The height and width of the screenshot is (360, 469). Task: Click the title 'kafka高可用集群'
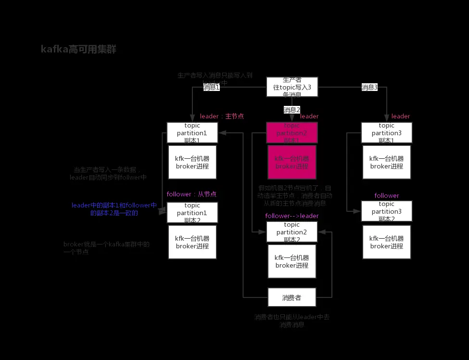pos(78,49)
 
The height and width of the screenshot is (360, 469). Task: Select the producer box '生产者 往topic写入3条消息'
pos(292,87)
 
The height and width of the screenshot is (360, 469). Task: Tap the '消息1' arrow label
pos(212,87)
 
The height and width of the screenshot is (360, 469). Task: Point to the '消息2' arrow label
pos(292,110)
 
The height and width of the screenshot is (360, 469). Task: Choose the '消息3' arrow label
pos(369,87)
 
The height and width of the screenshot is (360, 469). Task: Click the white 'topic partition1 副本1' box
pos(192,132)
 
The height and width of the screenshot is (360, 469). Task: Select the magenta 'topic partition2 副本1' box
pos(292,132)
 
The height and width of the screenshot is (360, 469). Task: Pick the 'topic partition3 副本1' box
pos(386,132)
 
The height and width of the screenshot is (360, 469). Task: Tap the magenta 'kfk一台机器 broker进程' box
pos(292,163)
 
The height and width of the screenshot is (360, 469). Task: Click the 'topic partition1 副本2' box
pos(192,212)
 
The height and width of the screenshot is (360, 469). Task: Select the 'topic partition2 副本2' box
pos(292,232)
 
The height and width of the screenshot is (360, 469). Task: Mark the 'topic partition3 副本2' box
pos(386,211)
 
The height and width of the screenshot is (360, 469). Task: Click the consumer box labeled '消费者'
pos(292,298)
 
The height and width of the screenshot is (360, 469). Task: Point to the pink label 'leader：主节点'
pos(222,116)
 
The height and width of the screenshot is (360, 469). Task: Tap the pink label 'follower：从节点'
pos(191,194)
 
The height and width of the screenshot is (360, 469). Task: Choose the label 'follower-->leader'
pos(292,216)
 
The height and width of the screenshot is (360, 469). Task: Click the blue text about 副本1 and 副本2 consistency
pos(114,209)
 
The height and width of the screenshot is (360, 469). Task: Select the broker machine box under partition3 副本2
pos(386,242)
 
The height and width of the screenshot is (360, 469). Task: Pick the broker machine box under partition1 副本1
pos(192,163)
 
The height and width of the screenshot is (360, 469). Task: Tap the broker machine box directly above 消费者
pos(292,261)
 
